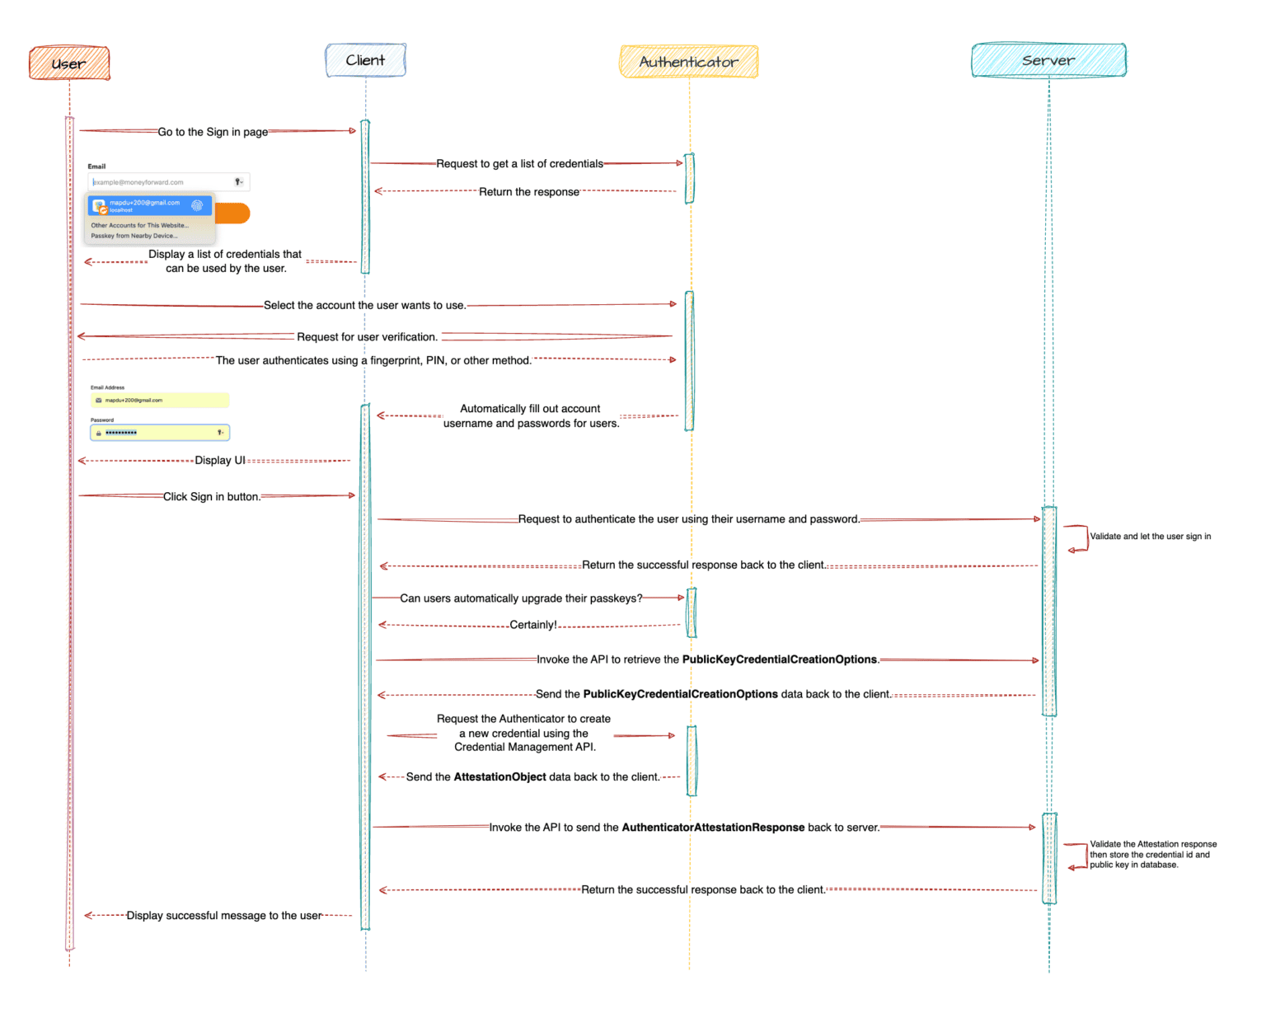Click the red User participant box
coord(69,63)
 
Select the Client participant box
coord(365,60)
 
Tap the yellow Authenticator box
coord(688,62)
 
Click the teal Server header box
coord(1048,60)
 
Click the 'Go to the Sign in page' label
coord(213,132)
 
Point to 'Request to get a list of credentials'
coord(519,164)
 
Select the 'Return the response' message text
coord(528,192)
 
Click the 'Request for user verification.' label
coord(367,337)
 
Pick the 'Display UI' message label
coord(220,461)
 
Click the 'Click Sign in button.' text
coord(212,497)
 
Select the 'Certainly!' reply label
coord(533,625)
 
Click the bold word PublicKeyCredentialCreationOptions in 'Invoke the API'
coord(779,659)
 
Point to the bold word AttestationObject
coord(499,777)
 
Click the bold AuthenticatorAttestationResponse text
coord(713,828)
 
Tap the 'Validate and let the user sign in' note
coord(1150,537)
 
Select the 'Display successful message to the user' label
coord(224,916)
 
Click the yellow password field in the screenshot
coord(160,433)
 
